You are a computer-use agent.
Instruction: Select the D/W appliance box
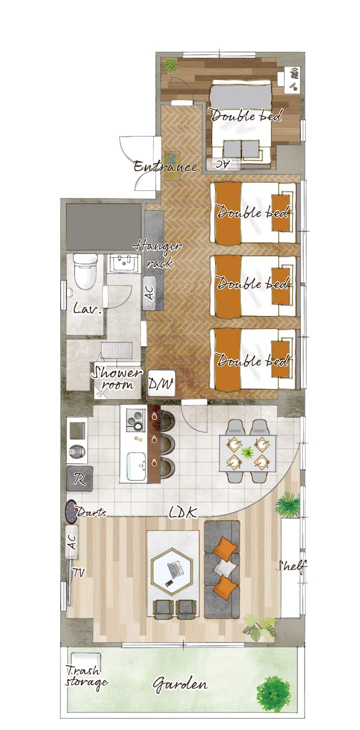[x=161, y=383]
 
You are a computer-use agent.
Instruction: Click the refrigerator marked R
[x=80, y=478]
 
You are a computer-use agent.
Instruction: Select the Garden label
[x=180, y=684]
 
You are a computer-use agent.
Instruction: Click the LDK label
[x=183, y=513]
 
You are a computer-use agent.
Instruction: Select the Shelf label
[x=291, y=566]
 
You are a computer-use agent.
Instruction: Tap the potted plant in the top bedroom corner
[x=170, y=66]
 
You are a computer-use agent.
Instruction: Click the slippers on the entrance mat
[x=172, y=159]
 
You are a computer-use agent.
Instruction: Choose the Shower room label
[x=116, y=378]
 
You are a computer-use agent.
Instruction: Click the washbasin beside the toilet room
[x=123, y=263]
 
